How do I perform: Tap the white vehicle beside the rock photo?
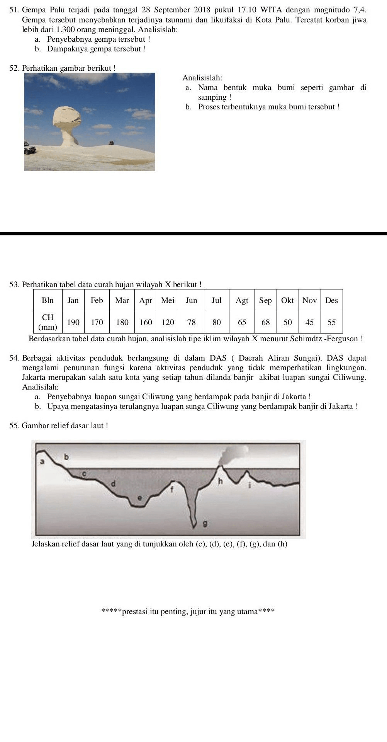tap(29, 148)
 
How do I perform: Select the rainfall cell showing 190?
tap(73, 322)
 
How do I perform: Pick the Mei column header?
tap(168, 300)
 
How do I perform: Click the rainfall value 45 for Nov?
tap(309, 322)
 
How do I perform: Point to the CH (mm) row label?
tap(48, 322)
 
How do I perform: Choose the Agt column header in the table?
tap(242, 300)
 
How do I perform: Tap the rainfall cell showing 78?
tap(192, 322)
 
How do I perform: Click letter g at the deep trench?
tap(205, 524)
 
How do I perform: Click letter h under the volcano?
tap(221, 482)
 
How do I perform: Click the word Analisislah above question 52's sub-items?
tap(202, 78)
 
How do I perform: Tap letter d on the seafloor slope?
tap(113, 483)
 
